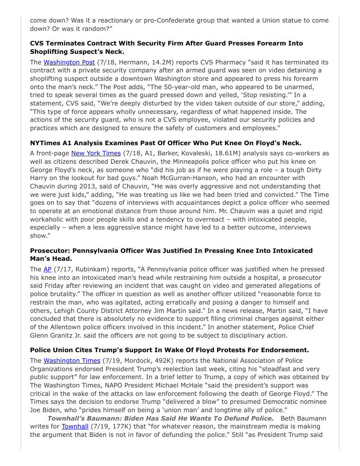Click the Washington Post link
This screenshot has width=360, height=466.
point(69,62)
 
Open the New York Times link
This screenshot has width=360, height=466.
point(96,153)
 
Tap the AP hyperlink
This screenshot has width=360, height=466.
point(47,269)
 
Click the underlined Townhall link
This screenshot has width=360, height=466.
point(75,426)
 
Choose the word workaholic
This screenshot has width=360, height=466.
point(50,219)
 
